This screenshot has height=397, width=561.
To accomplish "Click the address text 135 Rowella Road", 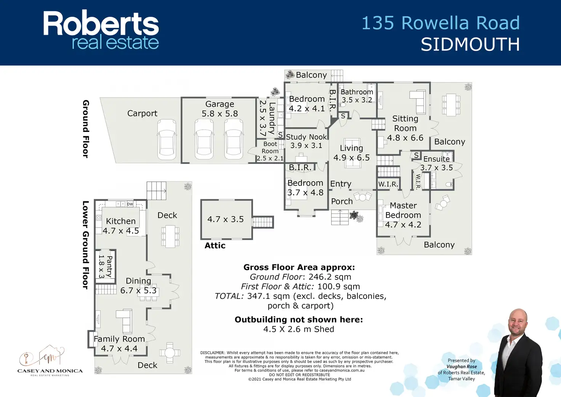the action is (x=440, y=23).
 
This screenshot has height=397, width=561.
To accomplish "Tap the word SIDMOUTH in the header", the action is (x=470, y=45).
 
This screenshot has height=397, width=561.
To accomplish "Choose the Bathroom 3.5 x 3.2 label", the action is (x=357, y=96).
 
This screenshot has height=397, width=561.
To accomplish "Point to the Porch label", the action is (x=342, y=201).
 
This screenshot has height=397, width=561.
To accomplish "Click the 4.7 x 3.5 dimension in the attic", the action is (x=225, y=219).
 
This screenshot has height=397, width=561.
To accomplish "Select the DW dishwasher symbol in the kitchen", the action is (x=130, y=204).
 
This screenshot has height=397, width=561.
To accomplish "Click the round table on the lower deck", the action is (x=170, y=353).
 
